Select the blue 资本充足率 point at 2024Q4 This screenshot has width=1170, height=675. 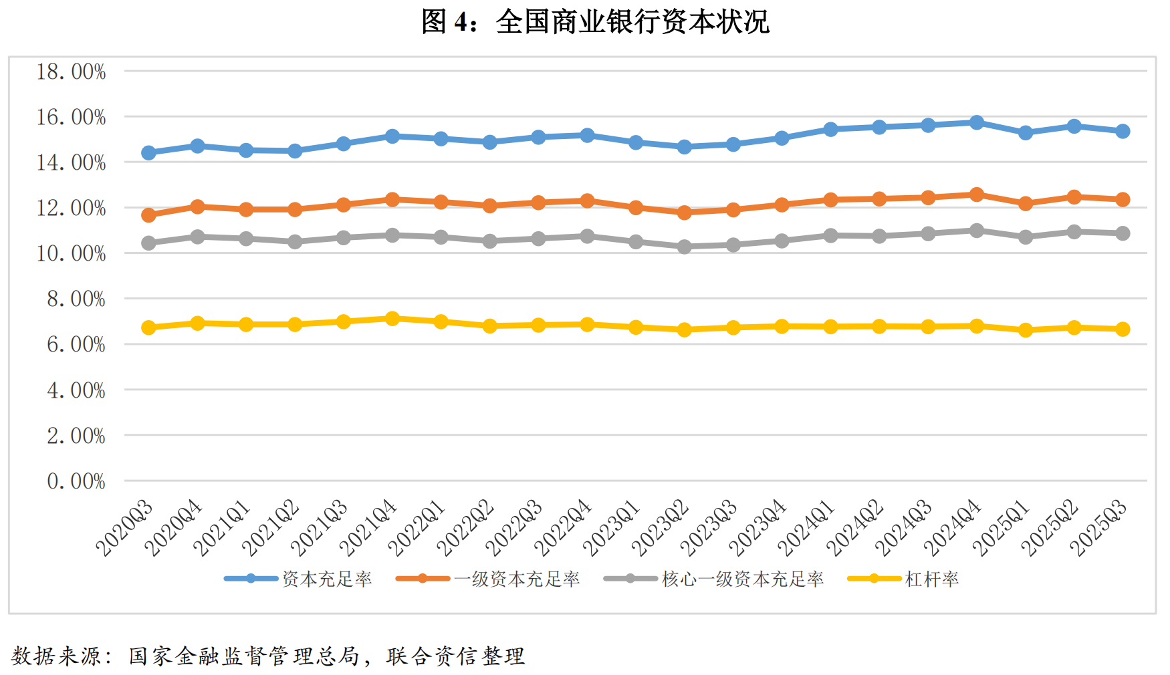click(x=976, y=122)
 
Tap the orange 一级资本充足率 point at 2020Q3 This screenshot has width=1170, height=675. click(x=148, y=215)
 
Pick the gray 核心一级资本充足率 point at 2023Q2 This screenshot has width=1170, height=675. click(x=684, y=247)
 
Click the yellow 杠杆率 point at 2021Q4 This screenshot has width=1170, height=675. click(x=392, y=319)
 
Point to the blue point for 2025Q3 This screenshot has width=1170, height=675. click(x=1123, y=131)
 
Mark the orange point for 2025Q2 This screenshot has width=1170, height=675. click(x=1074, y=197)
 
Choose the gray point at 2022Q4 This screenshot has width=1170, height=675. click(x=587, y=236)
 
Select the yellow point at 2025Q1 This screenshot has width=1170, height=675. click(x=1025, y=330)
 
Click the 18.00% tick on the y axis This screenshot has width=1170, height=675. click(x=71, y=72)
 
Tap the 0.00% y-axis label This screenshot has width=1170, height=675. click(x=76, y=481)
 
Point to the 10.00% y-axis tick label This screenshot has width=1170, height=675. click(x=71, y=253)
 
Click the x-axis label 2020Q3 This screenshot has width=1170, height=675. click(x=125, y=528)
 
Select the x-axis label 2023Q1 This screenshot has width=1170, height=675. click(x=612, y=528)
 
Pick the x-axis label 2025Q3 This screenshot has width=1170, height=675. click(x=1099, y=528)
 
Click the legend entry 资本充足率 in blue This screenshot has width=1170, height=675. click(x=326, y=579)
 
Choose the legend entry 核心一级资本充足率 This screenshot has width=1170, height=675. click(x=742, y=579)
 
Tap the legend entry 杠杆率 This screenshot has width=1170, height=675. click(x=931, y=579)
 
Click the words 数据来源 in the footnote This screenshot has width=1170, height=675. click(x=55, y=656)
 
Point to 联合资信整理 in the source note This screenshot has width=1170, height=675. click(x=455, y=656)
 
